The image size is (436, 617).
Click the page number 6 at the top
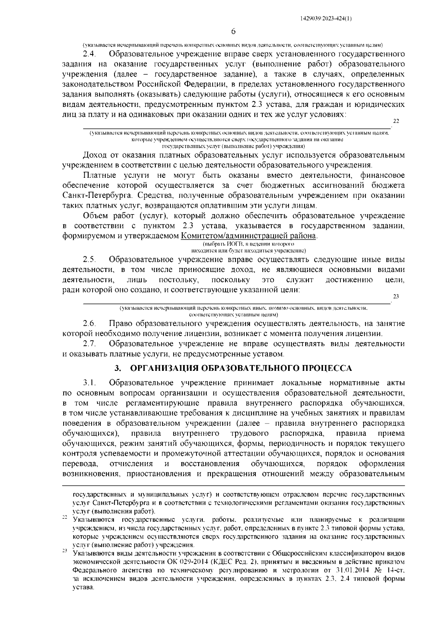coord(234,32)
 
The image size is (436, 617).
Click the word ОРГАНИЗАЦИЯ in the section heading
coord(164,368)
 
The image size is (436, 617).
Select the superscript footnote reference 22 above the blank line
coord(396,121)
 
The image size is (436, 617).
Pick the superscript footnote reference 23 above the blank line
coord(396,296)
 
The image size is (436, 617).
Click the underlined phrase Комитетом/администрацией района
coord(249,236)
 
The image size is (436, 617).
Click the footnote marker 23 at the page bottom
coord(65,552)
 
